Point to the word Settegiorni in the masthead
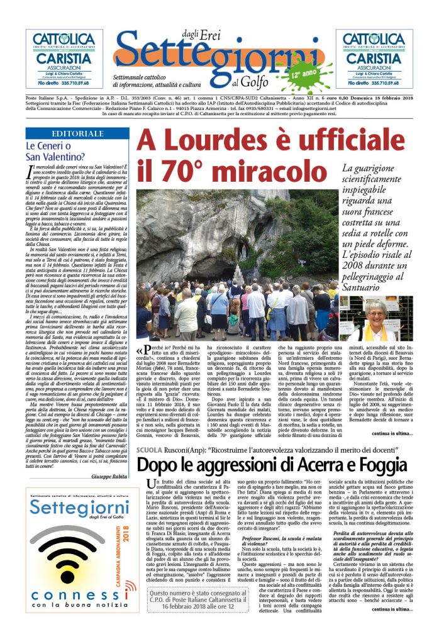point(214,61)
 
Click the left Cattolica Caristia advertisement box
point(64,58)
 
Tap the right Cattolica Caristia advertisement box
point(374,58)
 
